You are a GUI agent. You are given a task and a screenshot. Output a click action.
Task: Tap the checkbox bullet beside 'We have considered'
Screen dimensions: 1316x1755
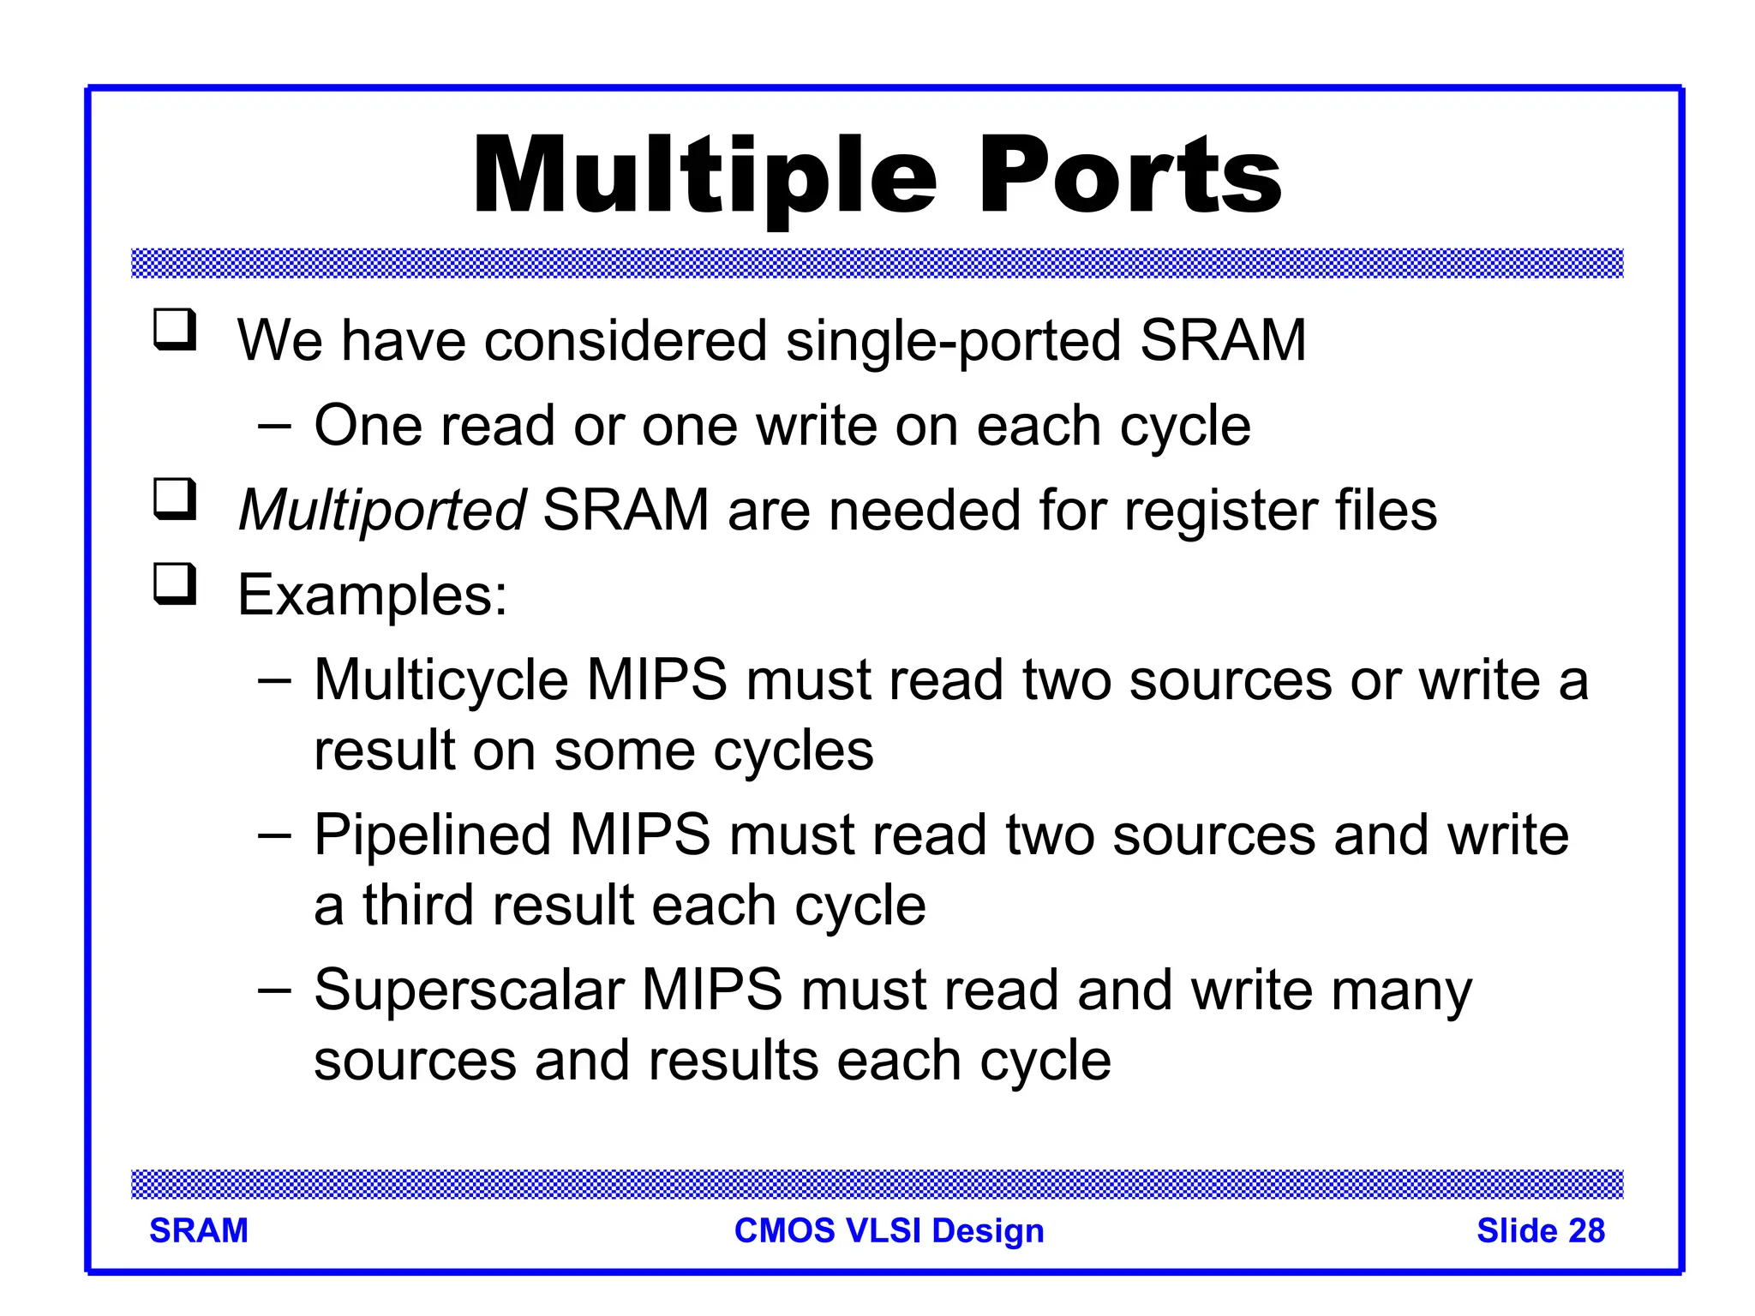point(175,331)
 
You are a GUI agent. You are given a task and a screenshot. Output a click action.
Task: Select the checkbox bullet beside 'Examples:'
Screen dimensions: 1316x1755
point(175,584)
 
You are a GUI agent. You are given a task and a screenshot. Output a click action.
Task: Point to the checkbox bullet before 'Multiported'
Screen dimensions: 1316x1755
point(175,500)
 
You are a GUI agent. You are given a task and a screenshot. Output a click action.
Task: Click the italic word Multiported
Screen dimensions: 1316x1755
point(381,511)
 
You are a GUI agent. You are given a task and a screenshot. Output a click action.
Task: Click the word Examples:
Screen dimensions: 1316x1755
point(372,595)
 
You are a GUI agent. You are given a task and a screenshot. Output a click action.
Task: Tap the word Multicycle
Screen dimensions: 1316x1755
point(440,680)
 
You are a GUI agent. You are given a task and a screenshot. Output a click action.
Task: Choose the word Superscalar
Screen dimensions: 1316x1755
point(469,990)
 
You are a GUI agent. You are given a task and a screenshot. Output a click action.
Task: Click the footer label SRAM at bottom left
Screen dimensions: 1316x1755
point(199,1231)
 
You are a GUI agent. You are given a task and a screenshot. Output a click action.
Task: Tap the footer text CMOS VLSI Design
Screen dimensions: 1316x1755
point(889,1231)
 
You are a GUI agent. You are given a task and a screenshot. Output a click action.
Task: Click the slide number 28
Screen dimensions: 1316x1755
point(1586,1231)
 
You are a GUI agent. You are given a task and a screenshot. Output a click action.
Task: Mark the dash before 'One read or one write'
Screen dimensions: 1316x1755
point(274,426)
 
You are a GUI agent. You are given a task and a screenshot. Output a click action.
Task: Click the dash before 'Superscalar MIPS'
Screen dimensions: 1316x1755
point(274,990)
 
